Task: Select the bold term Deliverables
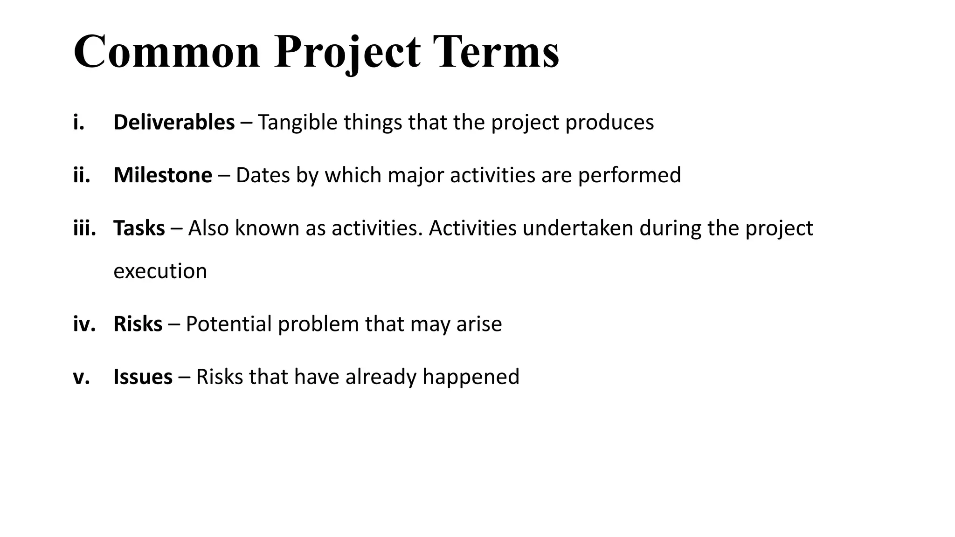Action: [x=174, y=122]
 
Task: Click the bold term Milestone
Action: [x=163, y=175]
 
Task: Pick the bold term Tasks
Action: [x=139, y=228]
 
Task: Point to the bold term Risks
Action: [x=138, y=324]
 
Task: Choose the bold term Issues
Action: [x=143, y=377]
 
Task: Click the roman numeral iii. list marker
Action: [x=84, y=228]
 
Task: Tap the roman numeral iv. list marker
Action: [x=84, y=324]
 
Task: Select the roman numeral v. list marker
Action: [x=81, y=377]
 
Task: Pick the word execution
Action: [x=160, y=271]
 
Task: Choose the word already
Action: [x=381, y=377]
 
